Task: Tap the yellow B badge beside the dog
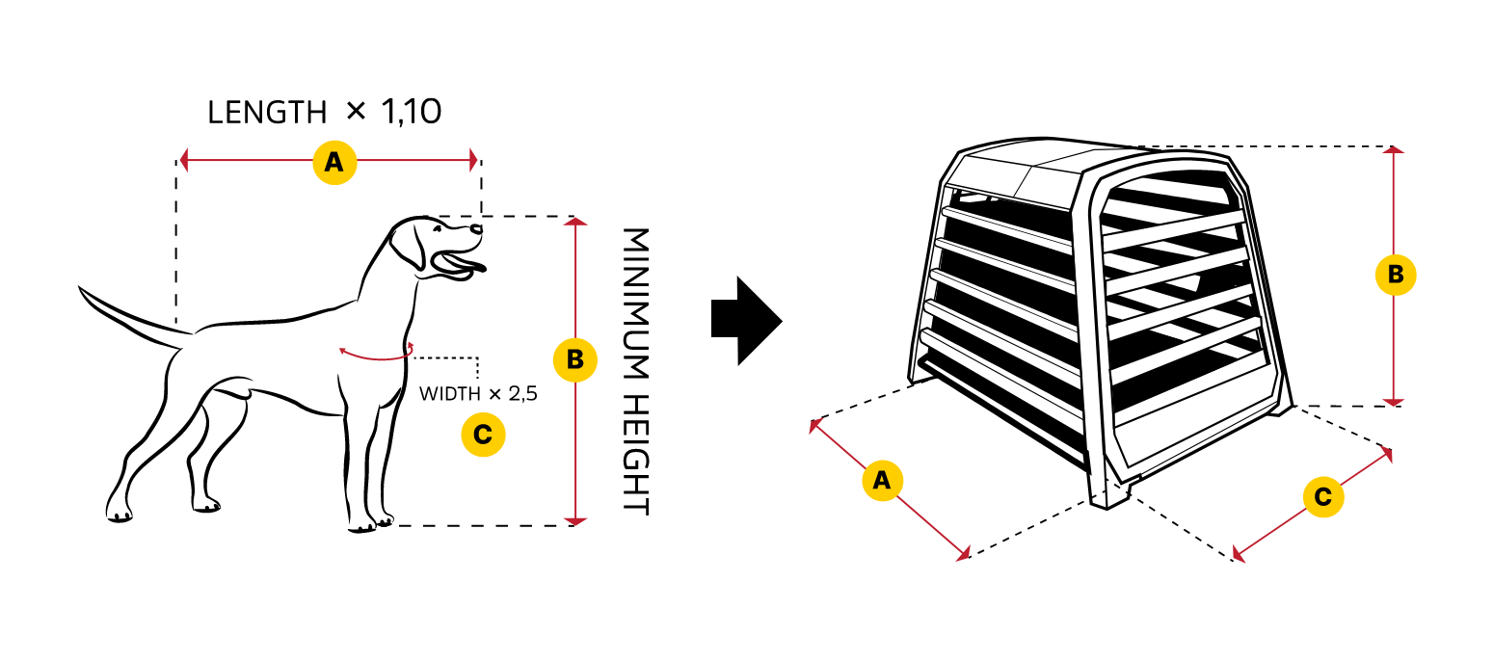574,359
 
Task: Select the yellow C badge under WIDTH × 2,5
483,435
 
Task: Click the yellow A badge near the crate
881,481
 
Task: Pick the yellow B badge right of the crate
1394,275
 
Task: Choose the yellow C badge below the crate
1322,497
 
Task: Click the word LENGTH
267,113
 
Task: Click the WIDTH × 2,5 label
477,393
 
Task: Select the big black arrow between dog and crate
745,321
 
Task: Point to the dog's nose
477,228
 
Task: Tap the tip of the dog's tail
81,288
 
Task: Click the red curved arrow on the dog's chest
376,356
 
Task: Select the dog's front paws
371,524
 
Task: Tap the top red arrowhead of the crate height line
1394,149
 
